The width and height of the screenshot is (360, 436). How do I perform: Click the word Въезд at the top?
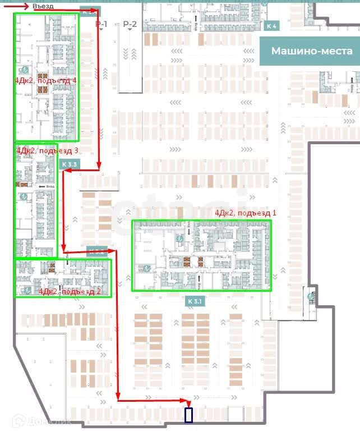tap(43, 6)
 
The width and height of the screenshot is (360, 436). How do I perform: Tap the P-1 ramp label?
tap(101, 24)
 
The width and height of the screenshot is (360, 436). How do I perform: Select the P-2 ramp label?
tap(130, 24)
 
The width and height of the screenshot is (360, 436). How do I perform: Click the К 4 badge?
tap(272, 26)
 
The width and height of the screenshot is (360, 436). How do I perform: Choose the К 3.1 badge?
tap(195, 301)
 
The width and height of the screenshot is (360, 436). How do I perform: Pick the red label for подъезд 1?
tap(246, 213)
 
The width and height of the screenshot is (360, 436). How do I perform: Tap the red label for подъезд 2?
tap(70, 291)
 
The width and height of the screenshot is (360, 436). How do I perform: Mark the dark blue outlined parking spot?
tap(188, 415)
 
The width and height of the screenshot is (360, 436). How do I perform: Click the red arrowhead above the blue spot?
tap(188, 403)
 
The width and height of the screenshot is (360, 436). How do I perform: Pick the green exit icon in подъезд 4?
tap(25, 70)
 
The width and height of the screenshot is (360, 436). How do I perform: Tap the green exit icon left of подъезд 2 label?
tap(26, 290)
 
